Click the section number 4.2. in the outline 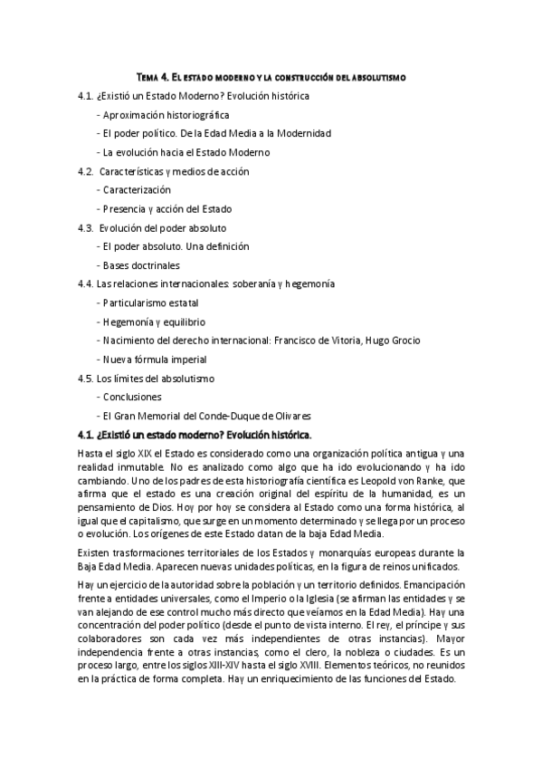click(x=87, y=171)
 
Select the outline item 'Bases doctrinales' click(x=140, y=265)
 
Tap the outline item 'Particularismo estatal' click(x=150, y=302)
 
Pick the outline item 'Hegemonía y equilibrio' click(x=153, y=322)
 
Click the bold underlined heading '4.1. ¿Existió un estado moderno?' click(x=195, y=435)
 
